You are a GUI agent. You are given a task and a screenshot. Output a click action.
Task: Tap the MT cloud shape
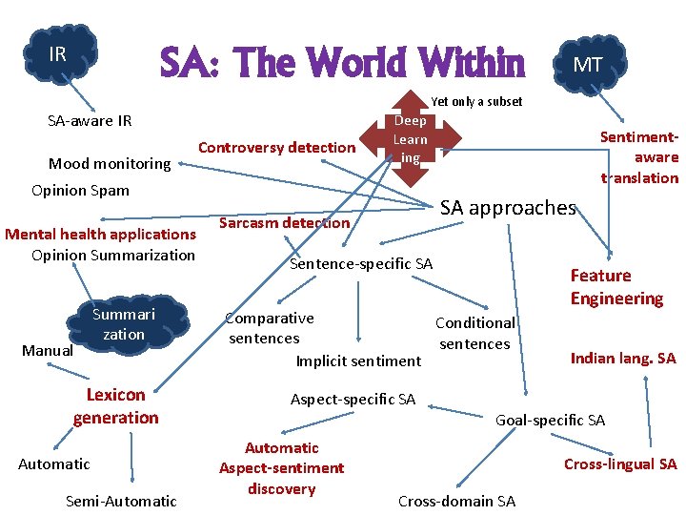(x=587, y=65)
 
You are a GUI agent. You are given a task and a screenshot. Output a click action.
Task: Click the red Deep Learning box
(x=411, y=139)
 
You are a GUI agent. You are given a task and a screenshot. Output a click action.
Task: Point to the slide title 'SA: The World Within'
(x=342, y=64)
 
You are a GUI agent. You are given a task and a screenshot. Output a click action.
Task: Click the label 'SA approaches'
(x=508, y=207)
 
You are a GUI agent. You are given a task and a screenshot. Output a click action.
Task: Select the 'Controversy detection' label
(x=276, y=147)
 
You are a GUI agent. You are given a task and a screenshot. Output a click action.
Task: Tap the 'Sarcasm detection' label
(x=285, y=222)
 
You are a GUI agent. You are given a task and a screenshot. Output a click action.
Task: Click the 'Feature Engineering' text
(x=616, y=287)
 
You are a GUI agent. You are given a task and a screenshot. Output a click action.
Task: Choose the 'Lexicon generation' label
(x=116, y=405)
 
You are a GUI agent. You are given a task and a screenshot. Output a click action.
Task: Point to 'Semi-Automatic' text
(x=121, y=501)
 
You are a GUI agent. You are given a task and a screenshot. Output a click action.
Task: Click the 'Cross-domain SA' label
(x=456, y=501)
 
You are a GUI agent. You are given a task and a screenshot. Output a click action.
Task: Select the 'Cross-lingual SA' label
(x=620, y=464)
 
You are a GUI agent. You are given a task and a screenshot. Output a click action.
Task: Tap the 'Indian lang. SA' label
(x=623, y=359)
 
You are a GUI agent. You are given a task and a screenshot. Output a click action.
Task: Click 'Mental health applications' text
(x=100, y=234)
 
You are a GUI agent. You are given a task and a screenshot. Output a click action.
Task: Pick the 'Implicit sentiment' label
(x=358, y=360)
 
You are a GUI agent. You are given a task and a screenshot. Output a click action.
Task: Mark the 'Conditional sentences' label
(x=474, y=333)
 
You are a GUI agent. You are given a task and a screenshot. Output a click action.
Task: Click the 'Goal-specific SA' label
(x=551, y=420)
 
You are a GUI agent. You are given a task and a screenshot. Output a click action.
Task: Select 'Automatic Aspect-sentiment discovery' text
(x=282, y=468)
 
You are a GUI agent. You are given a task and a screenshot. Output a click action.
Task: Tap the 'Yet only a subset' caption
(x=476, y=101)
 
